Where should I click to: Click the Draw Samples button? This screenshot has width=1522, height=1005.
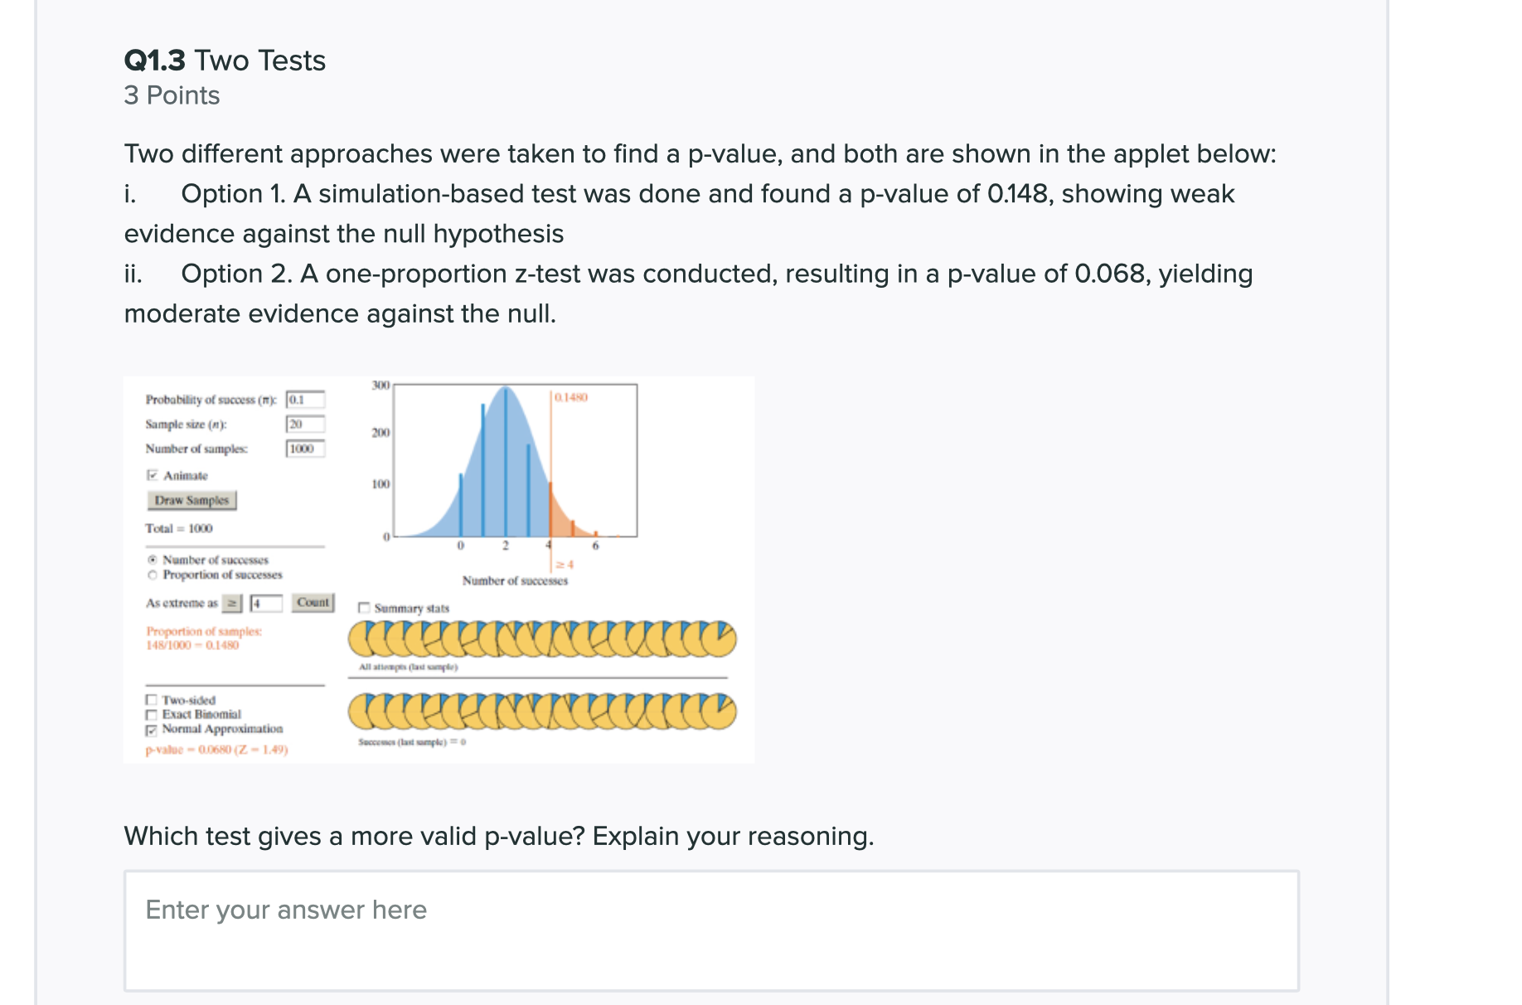191,500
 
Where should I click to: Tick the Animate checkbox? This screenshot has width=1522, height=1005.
152,475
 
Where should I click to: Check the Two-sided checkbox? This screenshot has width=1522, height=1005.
151,701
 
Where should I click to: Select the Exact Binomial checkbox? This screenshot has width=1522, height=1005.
151,715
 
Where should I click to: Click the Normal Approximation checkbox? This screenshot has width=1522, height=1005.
151,730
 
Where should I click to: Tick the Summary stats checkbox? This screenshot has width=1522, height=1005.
364,608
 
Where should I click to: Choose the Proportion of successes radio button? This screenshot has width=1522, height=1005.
152,575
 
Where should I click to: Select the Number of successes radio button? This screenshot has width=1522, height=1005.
152,560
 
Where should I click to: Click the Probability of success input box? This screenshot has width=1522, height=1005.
305,400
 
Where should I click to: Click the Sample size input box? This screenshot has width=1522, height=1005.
305,425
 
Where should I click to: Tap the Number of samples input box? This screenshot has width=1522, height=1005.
305,449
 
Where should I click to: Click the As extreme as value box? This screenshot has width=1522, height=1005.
266,603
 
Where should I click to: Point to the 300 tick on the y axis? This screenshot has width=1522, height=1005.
380,386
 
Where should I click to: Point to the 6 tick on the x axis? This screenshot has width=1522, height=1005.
595,546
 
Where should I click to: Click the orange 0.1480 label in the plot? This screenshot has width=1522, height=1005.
571,398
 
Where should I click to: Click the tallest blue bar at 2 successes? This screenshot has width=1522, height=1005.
505,464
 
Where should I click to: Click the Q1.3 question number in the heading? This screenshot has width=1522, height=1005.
155,61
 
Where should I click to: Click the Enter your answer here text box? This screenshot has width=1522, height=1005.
711,930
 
